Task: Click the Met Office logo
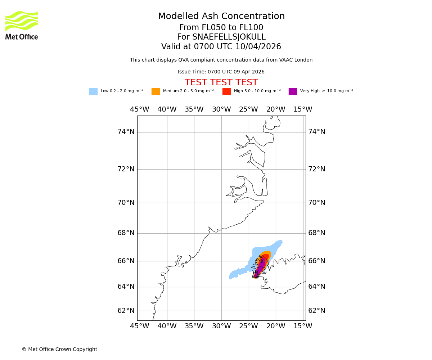[x=22, y=25]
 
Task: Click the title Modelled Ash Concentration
[x=221, y=17]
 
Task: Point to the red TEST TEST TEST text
[x=221, y=83]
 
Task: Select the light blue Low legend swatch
[x=93, y=91]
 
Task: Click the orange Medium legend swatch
[x=156, y=91]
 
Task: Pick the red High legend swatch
[x=226, y=91]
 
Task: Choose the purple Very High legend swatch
[x=293, y=91]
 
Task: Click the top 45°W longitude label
[x=140, y=109]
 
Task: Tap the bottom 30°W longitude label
[x=221, y=326]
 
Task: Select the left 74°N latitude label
[x=126, y=132]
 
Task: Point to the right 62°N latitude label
[x=316, y=311]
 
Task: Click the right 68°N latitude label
[x=316, y=233]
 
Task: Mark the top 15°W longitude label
[x=303, y=109]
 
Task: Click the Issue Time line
[x=221, y=72]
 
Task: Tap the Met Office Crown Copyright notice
[x=59, y=350]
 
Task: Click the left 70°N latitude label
[x=126, y=203]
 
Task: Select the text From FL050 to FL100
[x=221, y=28]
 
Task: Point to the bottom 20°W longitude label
[x=276, y=326]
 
